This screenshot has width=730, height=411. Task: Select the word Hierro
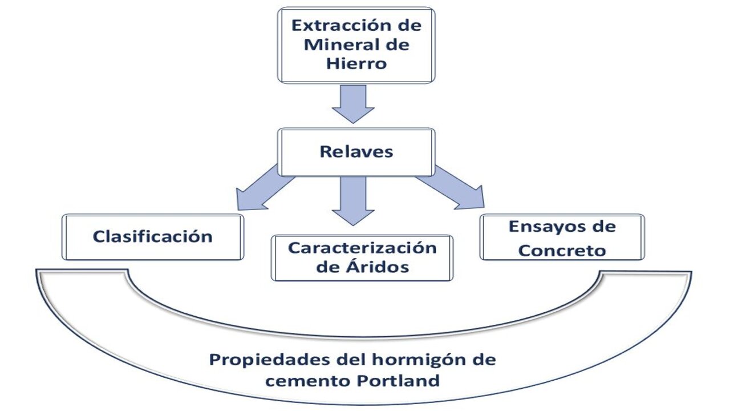point(356,63)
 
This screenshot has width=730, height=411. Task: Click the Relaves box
point(356,151)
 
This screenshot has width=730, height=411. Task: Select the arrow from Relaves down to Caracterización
point(353,200)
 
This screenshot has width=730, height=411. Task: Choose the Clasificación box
point(153,236)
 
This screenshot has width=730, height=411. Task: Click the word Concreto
point(562,250)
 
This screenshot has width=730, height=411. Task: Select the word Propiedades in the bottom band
point(263,360)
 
